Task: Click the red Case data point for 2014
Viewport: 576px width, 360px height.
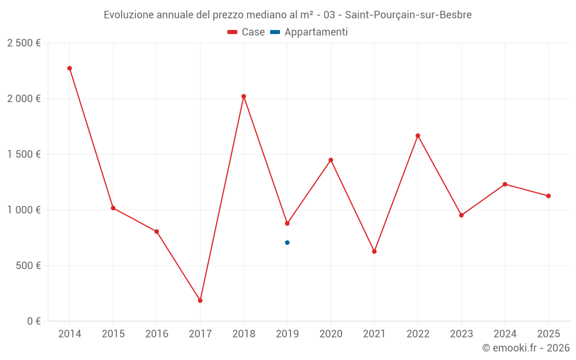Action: pyautogui.click(x=70, y=68)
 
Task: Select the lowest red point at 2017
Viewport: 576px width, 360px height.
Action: pyautogui.click(x=200, y=301)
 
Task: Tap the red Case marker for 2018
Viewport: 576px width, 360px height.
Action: pyautogui.click(x=244, y=96)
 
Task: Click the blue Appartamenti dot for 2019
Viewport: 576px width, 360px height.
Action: pyautogui.click(x=287, y=242)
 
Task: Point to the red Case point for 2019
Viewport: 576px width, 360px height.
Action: pyautogui.click(x=287, y=223)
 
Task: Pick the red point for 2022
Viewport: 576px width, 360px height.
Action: pyautogui.click(x=418, y=136)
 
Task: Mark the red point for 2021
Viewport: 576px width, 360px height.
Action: pyautogui.click(x=374, y=252)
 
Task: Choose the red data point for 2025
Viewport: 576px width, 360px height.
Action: pyautogui.click(x=548, y=196)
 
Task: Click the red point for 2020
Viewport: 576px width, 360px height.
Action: pyautogui.click(x=331, y=160)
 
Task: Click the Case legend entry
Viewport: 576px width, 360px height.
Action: pyautogui.click(x=247, y=32)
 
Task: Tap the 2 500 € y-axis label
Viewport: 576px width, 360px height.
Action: pyautogui.click(x=24, y=43)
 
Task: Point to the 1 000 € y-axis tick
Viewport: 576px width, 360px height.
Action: pyautogui.click(x=24, y=210)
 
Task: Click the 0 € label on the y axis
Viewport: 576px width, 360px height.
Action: pyautogui.click(x=33, y=321)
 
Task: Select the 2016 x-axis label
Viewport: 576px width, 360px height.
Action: pyautogui.click(x=157, y=334)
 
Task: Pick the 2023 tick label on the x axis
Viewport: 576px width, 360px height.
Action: pyautogui.click(x=461, y=334)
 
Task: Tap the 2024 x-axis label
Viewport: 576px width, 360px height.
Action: pyautogui.click(x=505, y=334)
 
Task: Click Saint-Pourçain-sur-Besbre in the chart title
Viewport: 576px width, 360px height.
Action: pyautogui.click(x=408, y=15)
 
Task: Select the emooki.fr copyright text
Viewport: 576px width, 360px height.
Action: pyautogui.click(x=525, y=348)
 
